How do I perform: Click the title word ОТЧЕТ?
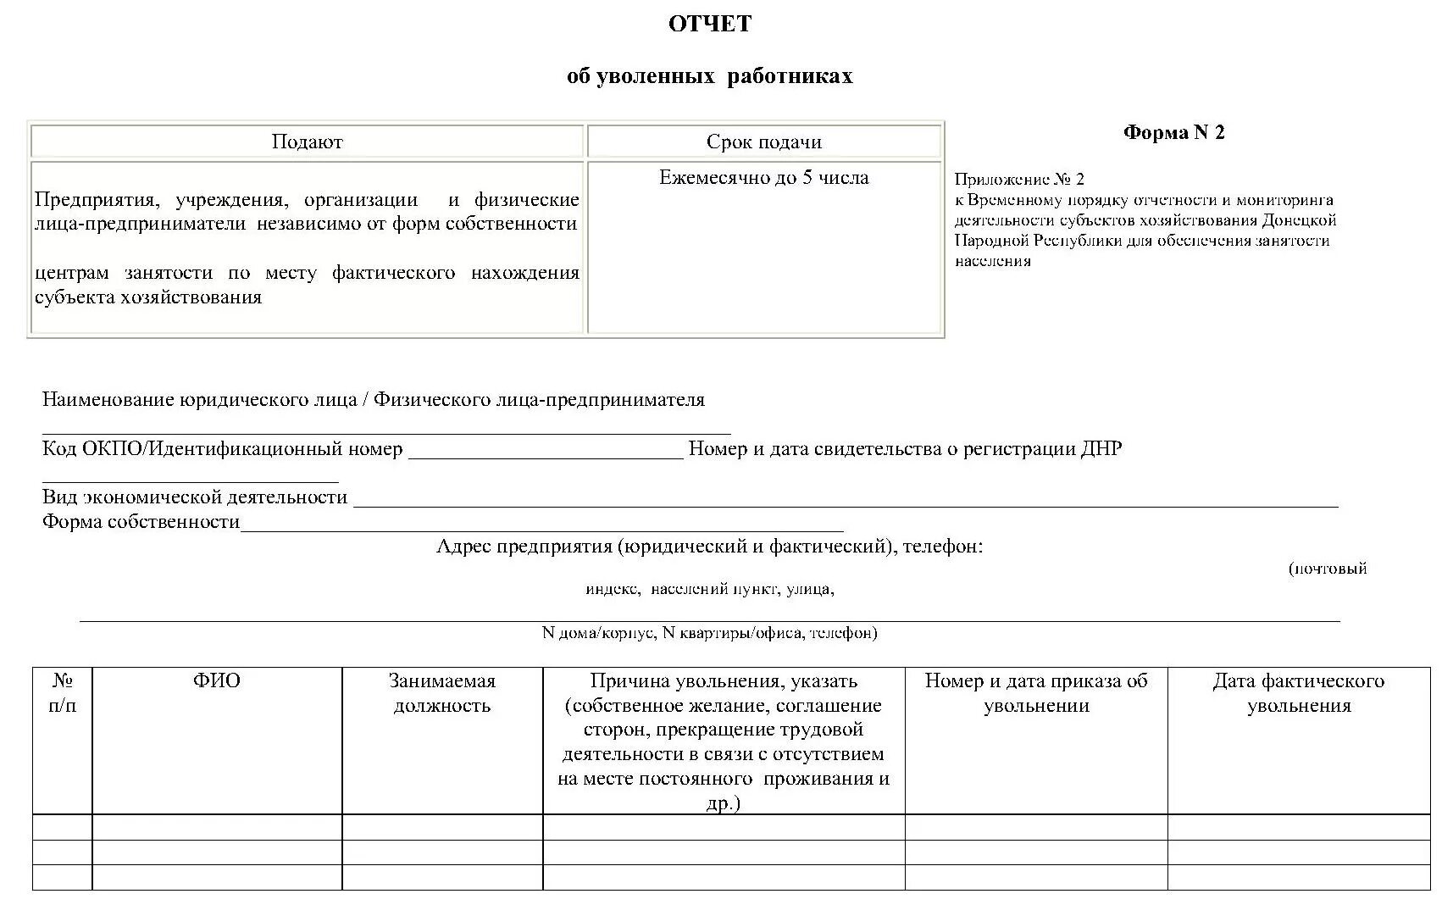click(709, 25)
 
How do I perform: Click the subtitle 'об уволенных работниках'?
click(709, 76)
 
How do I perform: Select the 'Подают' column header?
click(307, 142)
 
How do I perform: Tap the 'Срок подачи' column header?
click(763, 142)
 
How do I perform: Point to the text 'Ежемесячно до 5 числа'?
click(763, 178)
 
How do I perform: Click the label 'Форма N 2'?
click(1173, 132)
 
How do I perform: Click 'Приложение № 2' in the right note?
click(1018, 180)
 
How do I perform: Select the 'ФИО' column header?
click(217, 681)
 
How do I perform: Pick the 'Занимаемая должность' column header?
click(441, 693)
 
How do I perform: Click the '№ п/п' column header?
click(62, 693)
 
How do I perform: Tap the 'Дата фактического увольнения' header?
click(1298, 693)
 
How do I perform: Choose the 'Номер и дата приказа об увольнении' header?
click(1035, 693)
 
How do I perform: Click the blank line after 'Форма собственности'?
click(542, 527)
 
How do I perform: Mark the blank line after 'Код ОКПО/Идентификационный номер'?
click(546, 454)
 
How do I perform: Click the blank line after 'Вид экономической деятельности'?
click(845, 502)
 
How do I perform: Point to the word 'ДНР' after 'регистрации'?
click(1101, 449)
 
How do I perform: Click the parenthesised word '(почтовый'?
click(1327, 569)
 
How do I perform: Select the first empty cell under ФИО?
click(217, 827)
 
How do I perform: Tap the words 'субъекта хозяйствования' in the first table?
click(148, 297)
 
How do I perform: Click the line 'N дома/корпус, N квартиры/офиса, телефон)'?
click(709, 633)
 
